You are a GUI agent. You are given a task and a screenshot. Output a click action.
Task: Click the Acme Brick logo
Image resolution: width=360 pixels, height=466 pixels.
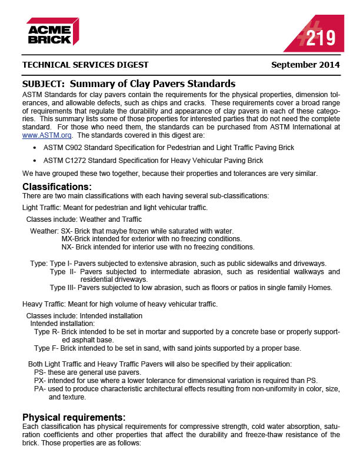52,31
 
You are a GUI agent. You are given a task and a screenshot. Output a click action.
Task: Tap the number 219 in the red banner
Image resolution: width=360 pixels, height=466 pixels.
321,39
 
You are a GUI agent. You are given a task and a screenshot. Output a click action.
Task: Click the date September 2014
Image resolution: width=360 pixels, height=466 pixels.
305,65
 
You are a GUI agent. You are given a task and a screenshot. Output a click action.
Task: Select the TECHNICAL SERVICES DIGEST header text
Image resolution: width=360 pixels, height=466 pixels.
85,65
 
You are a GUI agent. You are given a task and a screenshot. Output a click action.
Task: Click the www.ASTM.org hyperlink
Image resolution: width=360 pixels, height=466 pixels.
39,135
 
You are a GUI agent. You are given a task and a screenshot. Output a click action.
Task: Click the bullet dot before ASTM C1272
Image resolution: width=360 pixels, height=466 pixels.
36,160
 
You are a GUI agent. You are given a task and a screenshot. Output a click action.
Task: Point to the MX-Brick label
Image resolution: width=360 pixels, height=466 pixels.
74,239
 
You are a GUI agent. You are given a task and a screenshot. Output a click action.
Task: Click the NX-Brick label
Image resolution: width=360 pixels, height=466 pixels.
74,247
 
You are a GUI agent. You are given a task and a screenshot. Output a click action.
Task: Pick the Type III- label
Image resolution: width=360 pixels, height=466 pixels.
63,288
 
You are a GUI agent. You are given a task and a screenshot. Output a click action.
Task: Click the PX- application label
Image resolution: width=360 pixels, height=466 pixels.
40,381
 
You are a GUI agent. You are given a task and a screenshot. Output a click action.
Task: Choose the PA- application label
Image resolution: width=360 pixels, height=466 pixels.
40,389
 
